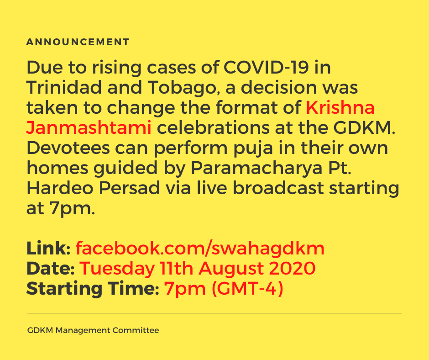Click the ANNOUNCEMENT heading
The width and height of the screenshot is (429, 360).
78,42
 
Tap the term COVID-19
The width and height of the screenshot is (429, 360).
266,67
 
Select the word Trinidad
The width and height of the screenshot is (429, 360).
64,87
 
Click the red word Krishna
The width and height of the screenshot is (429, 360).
340,107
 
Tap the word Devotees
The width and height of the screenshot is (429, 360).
68,148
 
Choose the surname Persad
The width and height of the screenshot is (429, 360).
130,188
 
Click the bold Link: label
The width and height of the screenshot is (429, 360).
48,249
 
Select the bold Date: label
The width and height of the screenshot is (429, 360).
51,269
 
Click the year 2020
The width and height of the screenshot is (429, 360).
292,269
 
